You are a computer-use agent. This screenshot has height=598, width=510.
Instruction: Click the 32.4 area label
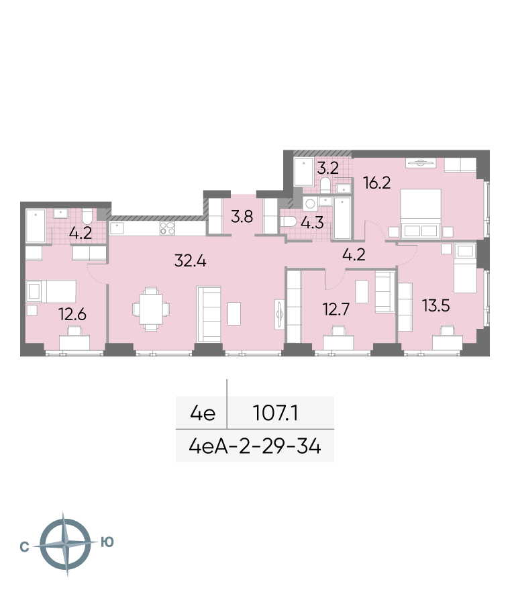(x=190, y=261)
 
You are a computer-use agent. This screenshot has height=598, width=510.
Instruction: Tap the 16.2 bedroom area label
(x=377, y=183)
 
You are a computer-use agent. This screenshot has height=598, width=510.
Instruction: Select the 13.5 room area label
(x=436, y=305)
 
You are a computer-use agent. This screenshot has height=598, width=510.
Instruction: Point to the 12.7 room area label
(x=336, y=309)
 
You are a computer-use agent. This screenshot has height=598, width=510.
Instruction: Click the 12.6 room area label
(x=72, y=314)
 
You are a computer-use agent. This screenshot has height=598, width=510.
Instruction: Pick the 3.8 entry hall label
(x=242, y=217)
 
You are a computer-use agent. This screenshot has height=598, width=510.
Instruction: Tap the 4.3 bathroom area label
(x=312, y=222)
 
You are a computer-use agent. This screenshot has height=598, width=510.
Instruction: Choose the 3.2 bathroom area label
(x=327, y=168)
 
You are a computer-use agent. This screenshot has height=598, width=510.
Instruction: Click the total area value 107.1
(x=275, y=413)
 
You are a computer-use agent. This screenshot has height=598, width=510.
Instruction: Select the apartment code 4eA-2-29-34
(x=255, y=446)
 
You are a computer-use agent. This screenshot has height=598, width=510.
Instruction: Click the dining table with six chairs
(x=151, y=309)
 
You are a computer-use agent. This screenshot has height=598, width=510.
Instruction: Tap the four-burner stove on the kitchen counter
(x=167, y=228)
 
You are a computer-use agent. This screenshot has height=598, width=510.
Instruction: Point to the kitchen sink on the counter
(x=117, y=228)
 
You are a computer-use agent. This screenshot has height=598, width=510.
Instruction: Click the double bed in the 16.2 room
(x=421, y=214)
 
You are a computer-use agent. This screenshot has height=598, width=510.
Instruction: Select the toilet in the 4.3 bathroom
(x=289, y=221)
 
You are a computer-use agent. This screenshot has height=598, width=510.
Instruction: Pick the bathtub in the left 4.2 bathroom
(x=36, y=226)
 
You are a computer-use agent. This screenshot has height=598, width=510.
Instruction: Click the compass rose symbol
(x=66, y=544)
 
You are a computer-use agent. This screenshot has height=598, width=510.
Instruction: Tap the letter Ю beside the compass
(x=107, y=542)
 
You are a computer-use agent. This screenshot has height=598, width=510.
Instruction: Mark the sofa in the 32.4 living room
(x=209, y=314)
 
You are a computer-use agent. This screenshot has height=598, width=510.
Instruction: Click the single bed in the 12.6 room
(x=51, y=291)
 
